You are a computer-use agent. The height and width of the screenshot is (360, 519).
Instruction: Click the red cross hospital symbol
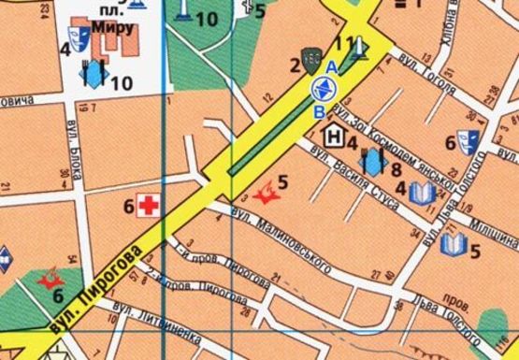coord(147,205)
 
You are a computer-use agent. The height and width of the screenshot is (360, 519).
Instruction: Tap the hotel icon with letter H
coord(333,137)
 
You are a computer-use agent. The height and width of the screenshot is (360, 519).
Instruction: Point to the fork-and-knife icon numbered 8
coord(373,162)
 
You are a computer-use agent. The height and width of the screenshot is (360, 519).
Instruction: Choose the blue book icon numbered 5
coord(454,245)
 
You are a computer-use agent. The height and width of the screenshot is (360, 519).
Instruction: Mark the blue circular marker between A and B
coord(322,90)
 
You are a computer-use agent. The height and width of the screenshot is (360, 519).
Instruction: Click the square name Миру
coord(113,28)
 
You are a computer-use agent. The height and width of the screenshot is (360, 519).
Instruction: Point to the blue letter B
coord(321,112)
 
